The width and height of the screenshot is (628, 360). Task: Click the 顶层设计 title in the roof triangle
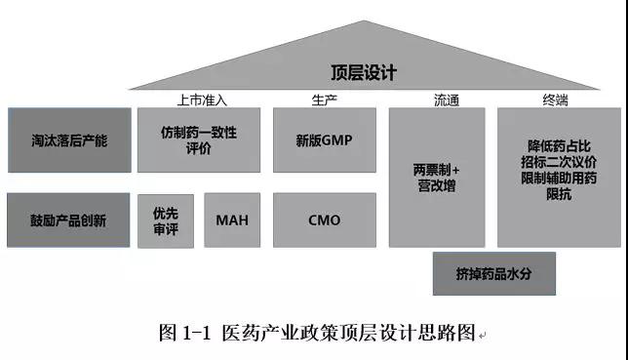click(364, 72)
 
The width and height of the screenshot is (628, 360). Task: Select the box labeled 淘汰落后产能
click(69, 140)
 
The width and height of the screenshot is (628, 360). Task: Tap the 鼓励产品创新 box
click(68, 220)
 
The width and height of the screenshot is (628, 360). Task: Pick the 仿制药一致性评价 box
click(199, 140)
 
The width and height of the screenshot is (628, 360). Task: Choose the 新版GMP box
click(325, 140)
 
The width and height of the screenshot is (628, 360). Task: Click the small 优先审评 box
click(166, 220)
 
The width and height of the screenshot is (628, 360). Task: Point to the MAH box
click(232, 220)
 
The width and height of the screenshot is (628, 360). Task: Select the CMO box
click(325, 220)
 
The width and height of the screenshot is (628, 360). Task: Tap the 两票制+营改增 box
click(437, 178)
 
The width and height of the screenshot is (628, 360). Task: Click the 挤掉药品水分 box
click(494, 274)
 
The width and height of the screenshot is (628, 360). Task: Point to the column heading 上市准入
click(202, 100)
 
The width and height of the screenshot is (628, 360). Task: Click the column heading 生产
click(325, 100)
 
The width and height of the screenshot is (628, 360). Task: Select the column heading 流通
click(447, 100)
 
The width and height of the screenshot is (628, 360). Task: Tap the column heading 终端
click(556, 100)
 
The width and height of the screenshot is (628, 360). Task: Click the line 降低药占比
click(559, 146)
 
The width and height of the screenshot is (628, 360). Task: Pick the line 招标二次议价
click(559, 162)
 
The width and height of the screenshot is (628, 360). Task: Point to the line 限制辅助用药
click(559, 178)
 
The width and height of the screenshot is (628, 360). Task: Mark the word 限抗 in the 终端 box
click(559, 194)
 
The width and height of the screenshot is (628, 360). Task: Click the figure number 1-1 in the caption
click(196, 333)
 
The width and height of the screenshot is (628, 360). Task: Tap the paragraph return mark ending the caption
click(482, 336)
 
